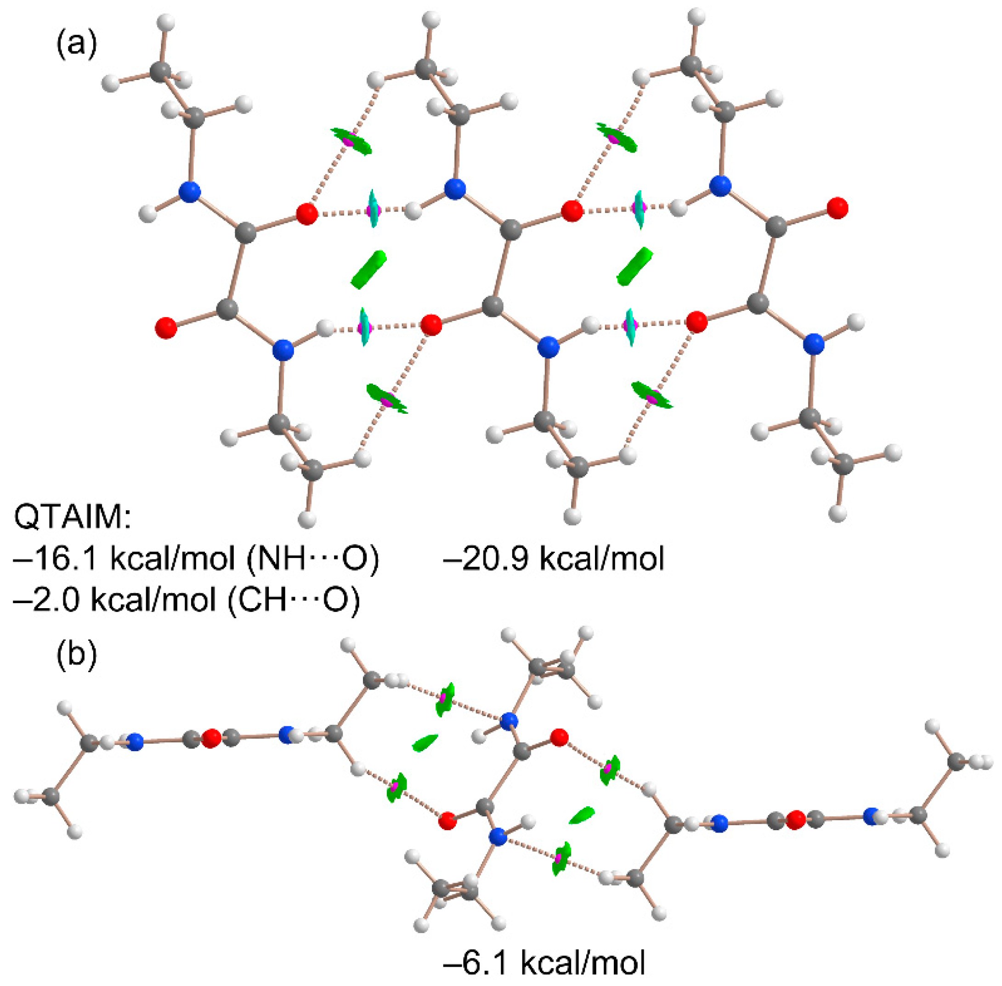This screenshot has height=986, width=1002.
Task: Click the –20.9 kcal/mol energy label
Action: pos(553,559)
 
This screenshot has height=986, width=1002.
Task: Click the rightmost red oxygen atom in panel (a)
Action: pos(837,208)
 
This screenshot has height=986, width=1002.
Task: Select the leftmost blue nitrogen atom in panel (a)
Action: pos(189,192)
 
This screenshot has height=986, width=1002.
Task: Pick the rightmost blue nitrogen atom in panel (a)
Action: pos(814,344)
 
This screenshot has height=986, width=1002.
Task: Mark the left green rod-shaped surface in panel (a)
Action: pos(368,269)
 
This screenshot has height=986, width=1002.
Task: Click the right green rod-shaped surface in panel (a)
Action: pos(634,266)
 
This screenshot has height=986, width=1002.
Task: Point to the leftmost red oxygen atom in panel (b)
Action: pos(211,738)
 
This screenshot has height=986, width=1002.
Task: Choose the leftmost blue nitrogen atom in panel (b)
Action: pos(135,742)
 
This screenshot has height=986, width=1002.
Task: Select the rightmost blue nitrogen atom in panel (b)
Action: pos(872,817)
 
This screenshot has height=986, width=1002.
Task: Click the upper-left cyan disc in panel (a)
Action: pos(373,208)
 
